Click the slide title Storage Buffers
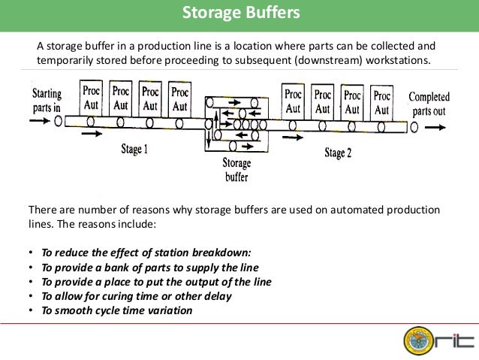(x=239, y=13)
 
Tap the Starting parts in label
(x=47, y=100)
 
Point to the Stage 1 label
(x=134, y=149)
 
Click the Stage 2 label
(x=338, y=153)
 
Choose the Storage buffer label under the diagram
(x=236, y=170)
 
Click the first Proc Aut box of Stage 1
(x=91, y=99)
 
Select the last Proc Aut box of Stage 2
(x=382, y=102)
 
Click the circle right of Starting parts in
(x=59, y=119)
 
